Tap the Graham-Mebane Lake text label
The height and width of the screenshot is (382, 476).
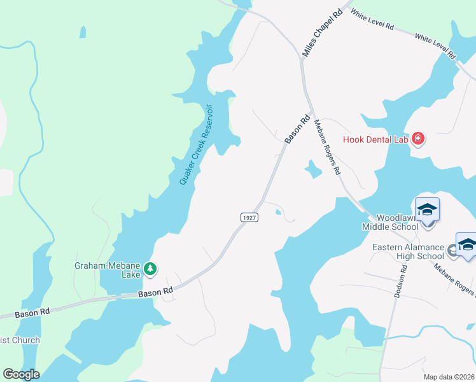(106, 270)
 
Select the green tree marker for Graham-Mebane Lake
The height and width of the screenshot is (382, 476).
(150, 269)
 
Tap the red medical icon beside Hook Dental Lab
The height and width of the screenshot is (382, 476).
(418, 139)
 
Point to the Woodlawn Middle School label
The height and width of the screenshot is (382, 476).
(390, 222)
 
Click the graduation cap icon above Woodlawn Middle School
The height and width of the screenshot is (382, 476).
(428, 209)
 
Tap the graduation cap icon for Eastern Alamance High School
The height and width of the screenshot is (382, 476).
(467, 245)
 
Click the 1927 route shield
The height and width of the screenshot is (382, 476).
(249, 218)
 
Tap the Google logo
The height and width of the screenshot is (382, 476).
(21, 374)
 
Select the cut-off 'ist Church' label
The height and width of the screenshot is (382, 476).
(20, 340)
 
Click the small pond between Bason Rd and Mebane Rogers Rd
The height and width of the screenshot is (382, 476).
(312, 169)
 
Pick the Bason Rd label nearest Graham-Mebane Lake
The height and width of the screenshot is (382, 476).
(156, 292)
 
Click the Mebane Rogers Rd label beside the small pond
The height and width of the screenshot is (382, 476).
(328, 147)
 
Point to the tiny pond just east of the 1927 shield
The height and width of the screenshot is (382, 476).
(279, 213)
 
